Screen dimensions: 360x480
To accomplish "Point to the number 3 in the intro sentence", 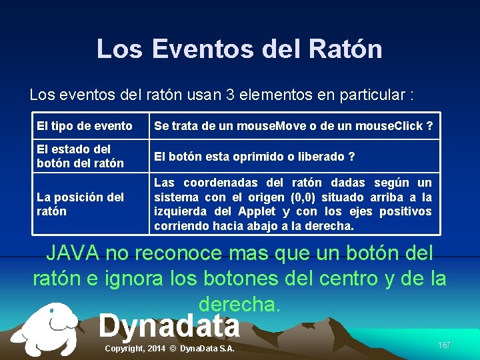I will tap(231, 95).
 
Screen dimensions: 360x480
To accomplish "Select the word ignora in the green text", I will tap(137, 278).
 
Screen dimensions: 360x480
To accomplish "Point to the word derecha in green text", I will tap(239, 303).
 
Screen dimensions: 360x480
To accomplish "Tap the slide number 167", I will tap(445, 345).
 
